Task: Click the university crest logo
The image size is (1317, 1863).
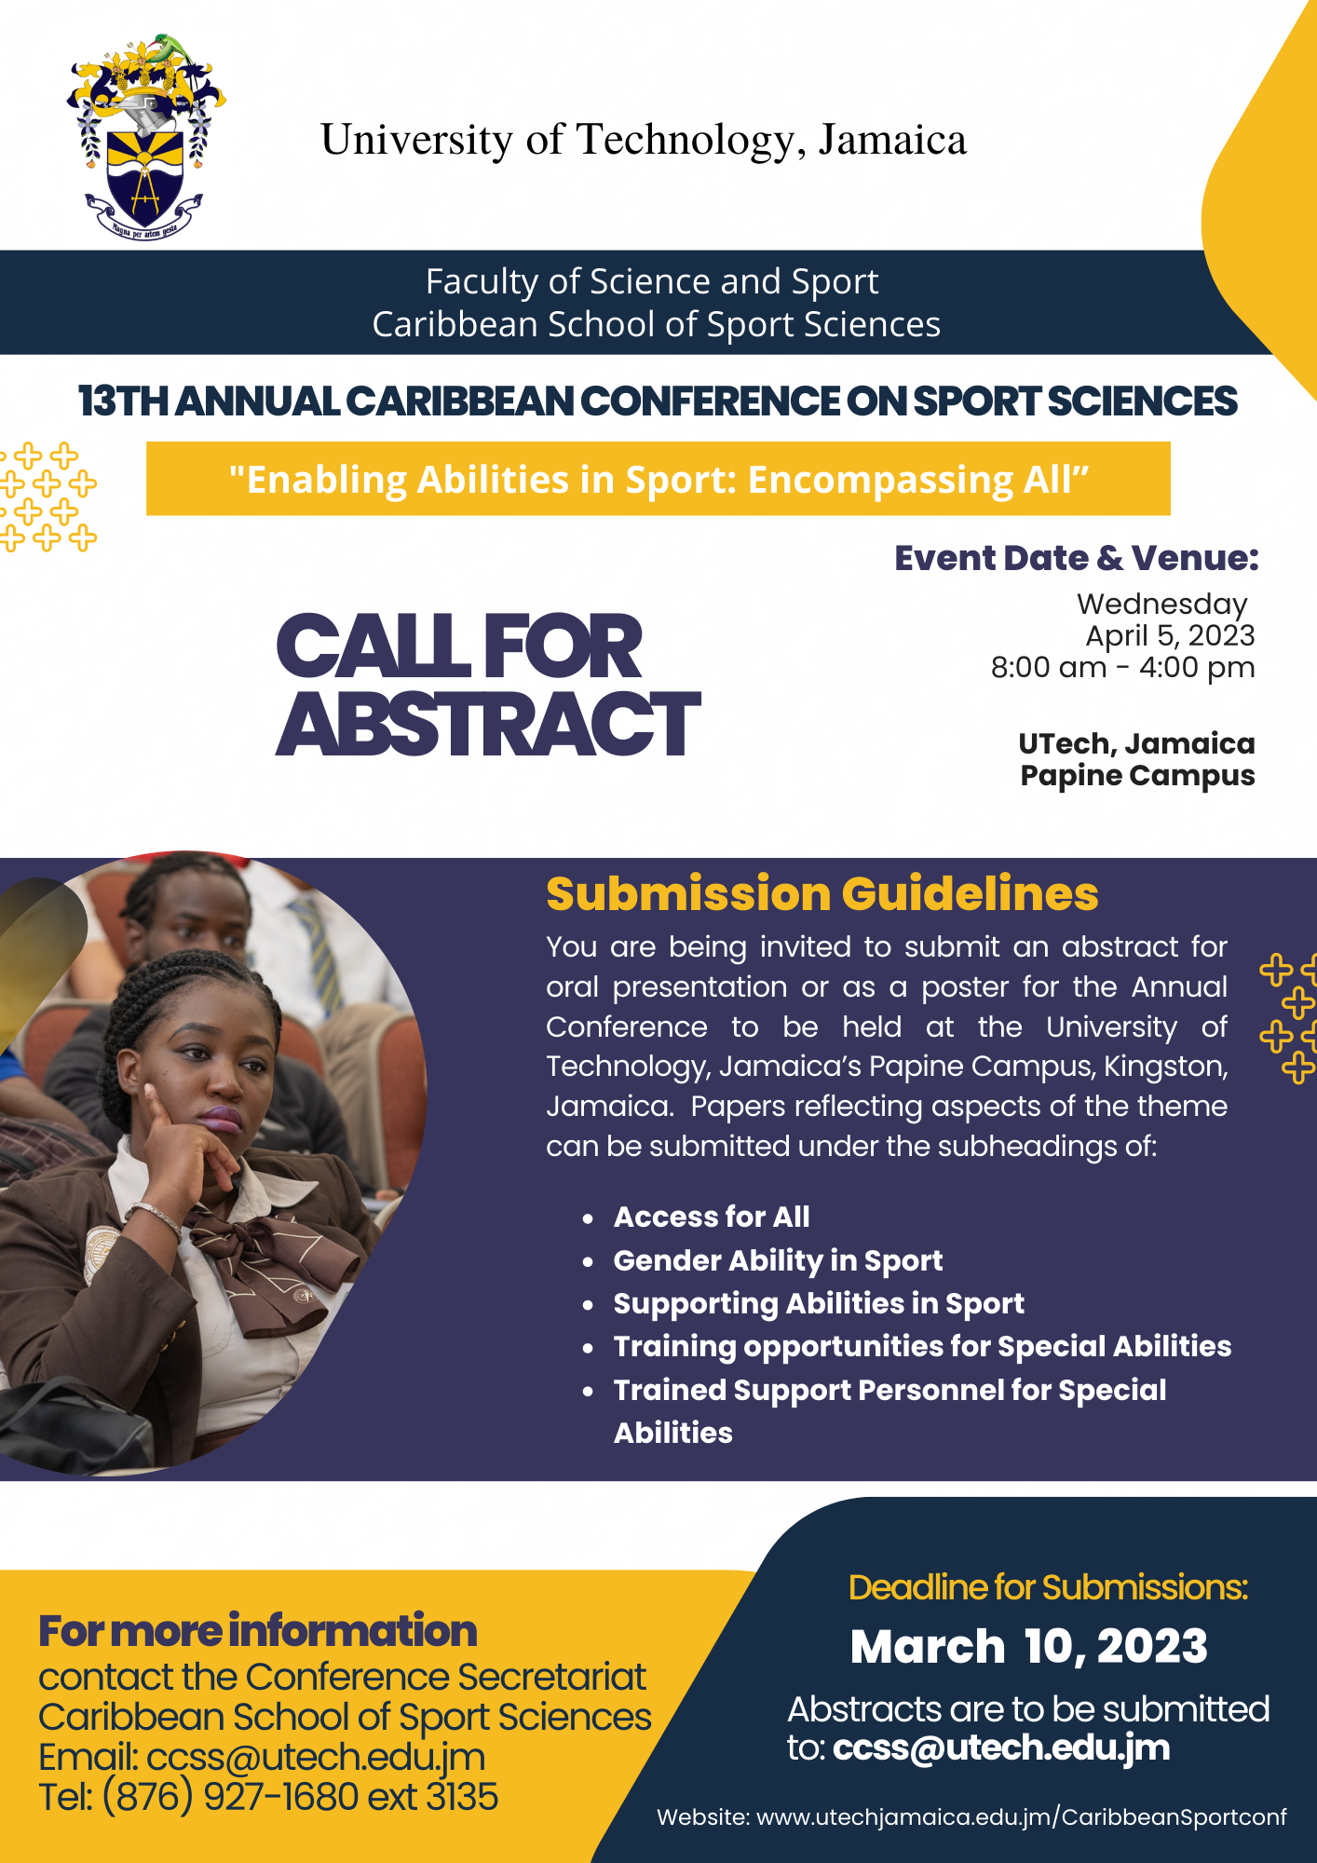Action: [x=146, y=137]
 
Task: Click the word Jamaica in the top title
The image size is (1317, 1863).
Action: [x=892, y=140]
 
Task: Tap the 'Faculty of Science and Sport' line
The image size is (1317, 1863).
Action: [x=652, y=281]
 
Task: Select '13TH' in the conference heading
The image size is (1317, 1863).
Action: [x=124, y=401]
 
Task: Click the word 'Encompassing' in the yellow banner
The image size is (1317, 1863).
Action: [x=879, y=481]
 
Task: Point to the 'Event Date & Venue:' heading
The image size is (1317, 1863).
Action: [x=1077, y=557]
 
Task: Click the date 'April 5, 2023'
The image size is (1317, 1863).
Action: [x=1170, y=636]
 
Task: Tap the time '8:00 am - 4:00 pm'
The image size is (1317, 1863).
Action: [x=1122, y=668]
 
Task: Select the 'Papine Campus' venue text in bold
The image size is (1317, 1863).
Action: [x=1137, y=776]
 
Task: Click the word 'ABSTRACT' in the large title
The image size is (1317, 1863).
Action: [x=488, y=724]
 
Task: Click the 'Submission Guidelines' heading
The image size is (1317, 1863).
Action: [x=822, y=893]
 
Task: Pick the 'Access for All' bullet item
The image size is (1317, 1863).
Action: [x=712, y=1217]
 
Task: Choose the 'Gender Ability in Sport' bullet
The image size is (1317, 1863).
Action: [x=778, y=1260]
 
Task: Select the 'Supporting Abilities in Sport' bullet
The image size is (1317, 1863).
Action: [x=819, y=1304]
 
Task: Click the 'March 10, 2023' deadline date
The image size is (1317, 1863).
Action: [x=1029, y=1647]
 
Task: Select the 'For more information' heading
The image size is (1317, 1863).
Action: [x=258, y=1631]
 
